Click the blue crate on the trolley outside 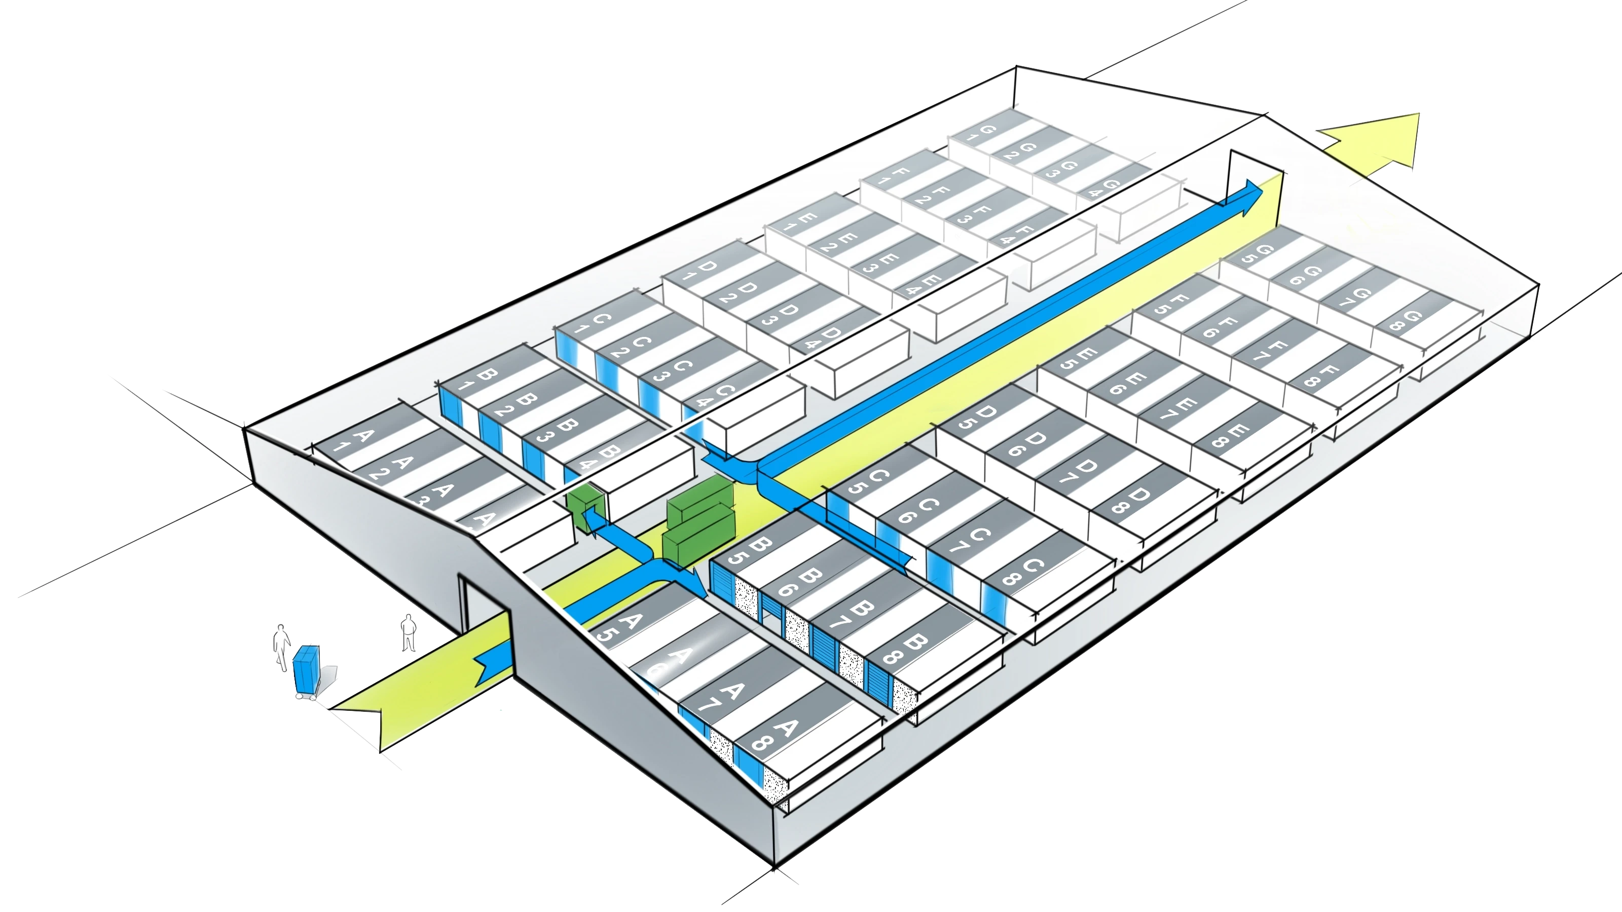coord(307,668)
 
